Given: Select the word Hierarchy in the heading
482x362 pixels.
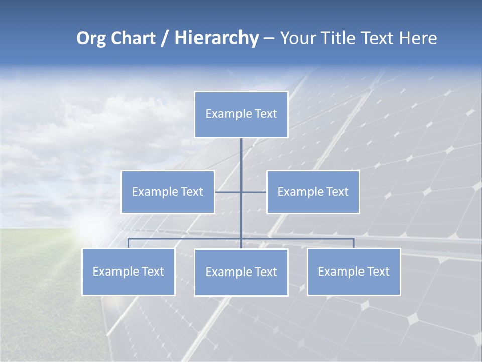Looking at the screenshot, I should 216,38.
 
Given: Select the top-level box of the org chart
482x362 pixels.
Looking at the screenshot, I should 241,114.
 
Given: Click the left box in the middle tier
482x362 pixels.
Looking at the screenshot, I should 168,192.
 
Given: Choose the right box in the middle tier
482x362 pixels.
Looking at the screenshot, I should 313,192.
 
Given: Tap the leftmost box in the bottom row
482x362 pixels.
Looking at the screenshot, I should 128,271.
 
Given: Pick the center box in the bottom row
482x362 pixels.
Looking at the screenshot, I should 241,272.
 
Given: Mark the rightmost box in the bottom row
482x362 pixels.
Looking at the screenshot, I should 353,271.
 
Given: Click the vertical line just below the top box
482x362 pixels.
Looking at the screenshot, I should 241,156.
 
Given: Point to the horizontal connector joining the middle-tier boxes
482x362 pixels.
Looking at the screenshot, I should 228,192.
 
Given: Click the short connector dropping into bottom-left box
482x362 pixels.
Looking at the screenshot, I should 128,243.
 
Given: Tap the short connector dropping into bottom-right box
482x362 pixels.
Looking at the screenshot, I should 354,243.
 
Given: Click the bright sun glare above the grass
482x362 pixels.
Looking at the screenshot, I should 95,226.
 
